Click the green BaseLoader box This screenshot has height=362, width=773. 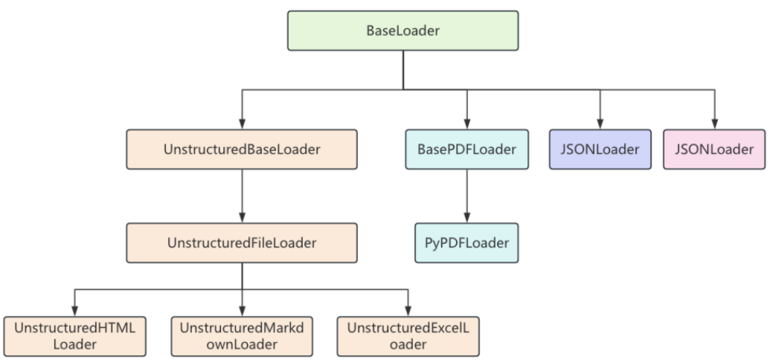tap(402, 30)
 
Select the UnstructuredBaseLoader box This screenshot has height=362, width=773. tap(242, 149)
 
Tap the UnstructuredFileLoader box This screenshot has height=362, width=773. tap(242, 243)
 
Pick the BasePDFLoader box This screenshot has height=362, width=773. tap(467, 149)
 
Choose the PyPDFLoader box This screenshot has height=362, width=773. tap(467, 243)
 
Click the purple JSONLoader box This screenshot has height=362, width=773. tap(600, 149)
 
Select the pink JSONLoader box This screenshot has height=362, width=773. tap(714, 149)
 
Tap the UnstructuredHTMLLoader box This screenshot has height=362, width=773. tap(74, 337)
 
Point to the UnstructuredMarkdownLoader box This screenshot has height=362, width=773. tap(242, 337)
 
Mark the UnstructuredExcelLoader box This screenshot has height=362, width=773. tap(408, 337)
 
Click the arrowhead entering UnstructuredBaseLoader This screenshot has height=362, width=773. tap(242, 124)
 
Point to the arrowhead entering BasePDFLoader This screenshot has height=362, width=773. tap(467, 124)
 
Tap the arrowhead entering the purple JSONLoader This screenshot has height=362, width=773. tap(600, 124)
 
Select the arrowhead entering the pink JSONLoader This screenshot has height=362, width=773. tap(714, 124)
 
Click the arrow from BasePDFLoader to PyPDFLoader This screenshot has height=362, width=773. tap(467, 196)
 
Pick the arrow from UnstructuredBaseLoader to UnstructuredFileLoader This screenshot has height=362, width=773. tap(242, 196)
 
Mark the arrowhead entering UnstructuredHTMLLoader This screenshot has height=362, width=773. tap(74, 311)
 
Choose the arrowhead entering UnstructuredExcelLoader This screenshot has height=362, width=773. tap(408, 311)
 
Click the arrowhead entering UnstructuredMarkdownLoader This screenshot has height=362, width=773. tap(242, 311)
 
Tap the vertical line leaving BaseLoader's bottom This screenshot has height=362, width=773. tap(402, 70)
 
